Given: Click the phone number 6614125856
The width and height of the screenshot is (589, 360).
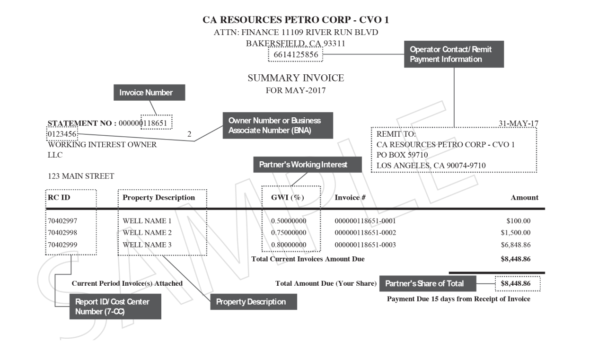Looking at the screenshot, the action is (x=296, y=54).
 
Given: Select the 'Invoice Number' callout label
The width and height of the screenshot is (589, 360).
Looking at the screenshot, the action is (x=149, y=92).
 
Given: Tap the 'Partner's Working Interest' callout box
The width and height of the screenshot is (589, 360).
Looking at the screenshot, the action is (x=308, y=165).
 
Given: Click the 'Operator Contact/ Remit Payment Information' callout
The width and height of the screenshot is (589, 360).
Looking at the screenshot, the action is (x=454, y=54).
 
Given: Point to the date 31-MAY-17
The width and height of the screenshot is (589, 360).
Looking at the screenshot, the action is (x=518, y=123).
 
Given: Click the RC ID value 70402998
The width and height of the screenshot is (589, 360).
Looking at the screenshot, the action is (x=62, y=232).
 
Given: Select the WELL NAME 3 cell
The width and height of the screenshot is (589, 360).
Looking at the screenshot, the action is (x=147, y=245).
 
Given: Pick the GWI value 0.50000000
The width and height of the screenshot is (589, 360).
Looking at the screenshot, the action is (x=289, y=220).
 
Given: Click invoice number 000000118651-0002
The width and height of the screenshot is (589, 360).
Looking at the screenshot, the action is (x=365, y=232).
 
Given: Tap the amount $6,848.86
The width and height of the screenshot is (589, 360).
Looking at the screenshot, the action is (x=516, y=245).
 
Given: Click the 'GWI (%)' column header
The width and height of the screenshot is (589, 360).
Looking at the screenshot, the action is (x=287, y=197).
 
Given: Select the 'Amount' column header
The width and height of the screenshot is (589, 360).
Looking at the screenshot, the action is (x=524, y=197).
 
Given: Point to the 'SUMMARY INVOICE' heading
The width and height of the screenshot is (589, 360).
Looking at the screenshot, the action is (x=296, y=78).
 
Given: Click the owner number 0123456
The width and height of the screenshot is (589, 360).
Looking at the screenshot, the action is (x=62, y=134).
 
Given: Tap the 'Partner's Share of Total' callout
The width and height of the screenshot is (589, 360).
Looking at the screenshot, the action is (x=428, y=283).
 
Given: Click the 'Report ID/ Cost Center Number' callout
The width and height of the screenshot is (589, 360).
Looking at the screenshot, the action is (x=115, y=307).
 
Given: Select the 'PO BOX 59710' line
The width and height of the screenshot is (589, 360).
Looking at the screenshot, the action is (x=402, y=155).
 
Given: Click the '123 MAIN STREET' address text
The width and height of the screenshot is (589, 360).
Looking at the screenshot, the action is (x=81, y=176).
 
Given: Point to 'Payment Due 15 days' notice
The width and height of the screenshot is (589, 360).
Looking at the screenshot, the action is (x=458, y=299).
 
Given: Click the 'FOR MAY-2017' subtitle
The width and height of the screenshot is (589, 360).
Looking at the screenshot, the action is (x=296, y=90).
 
